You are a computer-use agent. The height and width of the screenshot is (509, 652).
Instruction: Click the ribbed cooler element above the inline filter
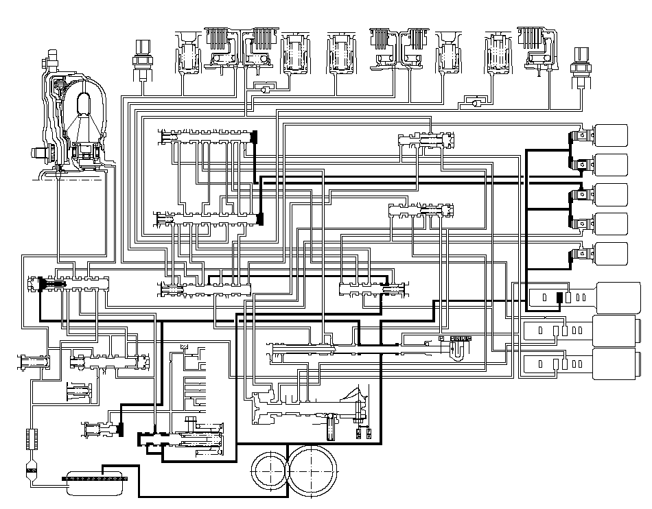[30, 437]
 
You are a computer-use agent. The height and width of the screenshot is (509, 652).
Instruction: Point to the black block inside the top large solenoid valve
[559, 298]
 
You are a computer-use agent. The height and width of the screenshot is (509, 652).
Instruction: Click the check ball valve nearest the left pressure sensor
[261, 88]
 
